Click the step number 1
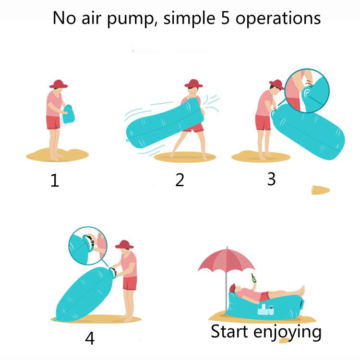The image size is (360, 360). click(55, 181)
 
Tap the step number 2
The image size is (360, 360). click(180, 180)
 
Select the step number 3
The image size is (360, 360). click(271, 179)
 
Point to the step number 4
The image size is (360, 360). click(90, 338)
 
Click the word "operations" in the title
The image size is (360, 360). click(278, 19)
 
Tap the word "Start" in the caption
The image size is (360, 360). click(229, 331)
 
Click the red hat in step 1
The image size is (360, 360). click(59, 84)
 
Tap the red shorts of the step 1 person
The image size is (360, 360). click(53, 122)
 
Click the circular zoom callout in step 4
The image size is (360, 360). click(88, 245)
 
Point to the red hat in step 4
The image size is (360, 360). click(125, 244)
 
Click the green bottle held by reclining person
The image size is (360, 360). click(252, 279)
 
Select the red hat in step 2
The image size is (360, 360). click(193, 84)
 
